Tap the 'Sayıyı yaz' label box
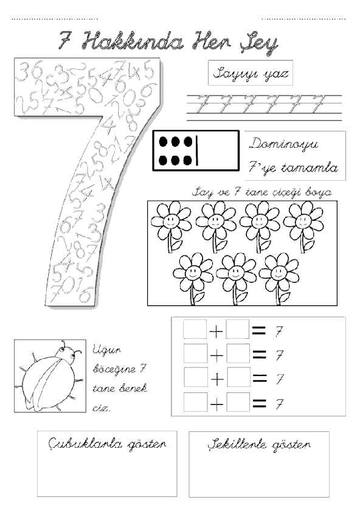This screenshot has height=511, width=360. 250,73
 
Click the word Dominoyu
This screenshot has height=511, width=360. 284,144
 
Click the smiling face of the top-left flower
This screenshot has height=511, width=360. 170,221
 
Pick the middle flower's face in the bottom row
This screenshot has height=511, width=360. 235,273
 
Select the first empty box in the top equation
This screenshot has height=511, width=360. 195,329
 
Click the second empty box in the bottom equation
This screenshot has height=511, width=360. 238,402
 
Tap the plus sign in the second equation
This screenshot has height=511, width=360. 216,355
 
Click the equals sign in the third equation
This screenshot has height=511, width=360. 260,378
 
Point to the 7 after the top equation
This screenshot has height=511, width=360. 279,332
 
